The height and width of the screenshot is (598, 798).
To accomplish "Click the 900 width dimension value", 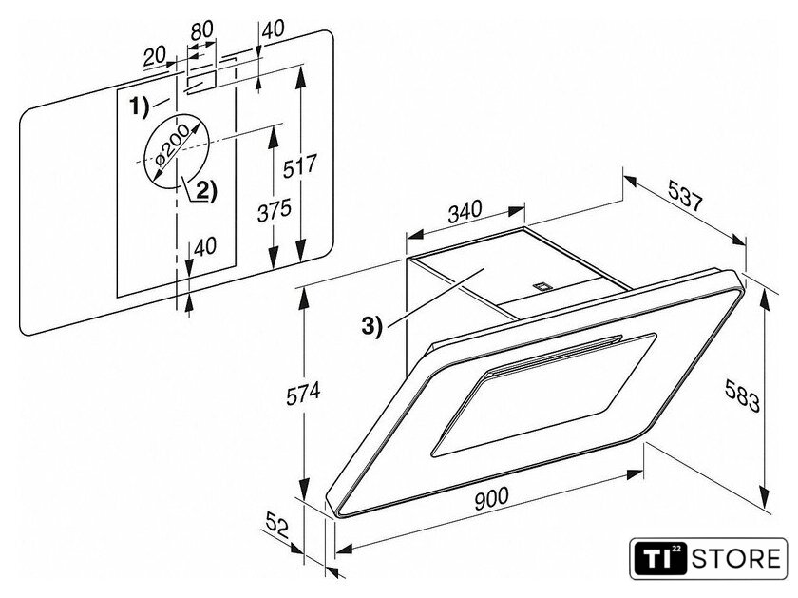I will pyautogui.click(x=494, y=495).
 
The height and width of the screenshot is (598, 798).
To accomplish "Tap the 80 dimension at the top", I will pyautogui.click(x=201, y=29).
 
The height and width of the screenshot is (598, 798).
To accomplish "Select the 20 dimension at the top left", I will pyautogui.click(x=154, y=57).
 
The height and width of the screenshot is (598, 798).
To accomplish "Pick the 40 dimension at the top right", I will pyautogui.click(x=274, y=29).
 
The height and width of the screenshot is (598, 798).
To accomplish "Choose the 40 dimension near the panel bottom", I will pyautogui.click(x=205, y=247).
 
